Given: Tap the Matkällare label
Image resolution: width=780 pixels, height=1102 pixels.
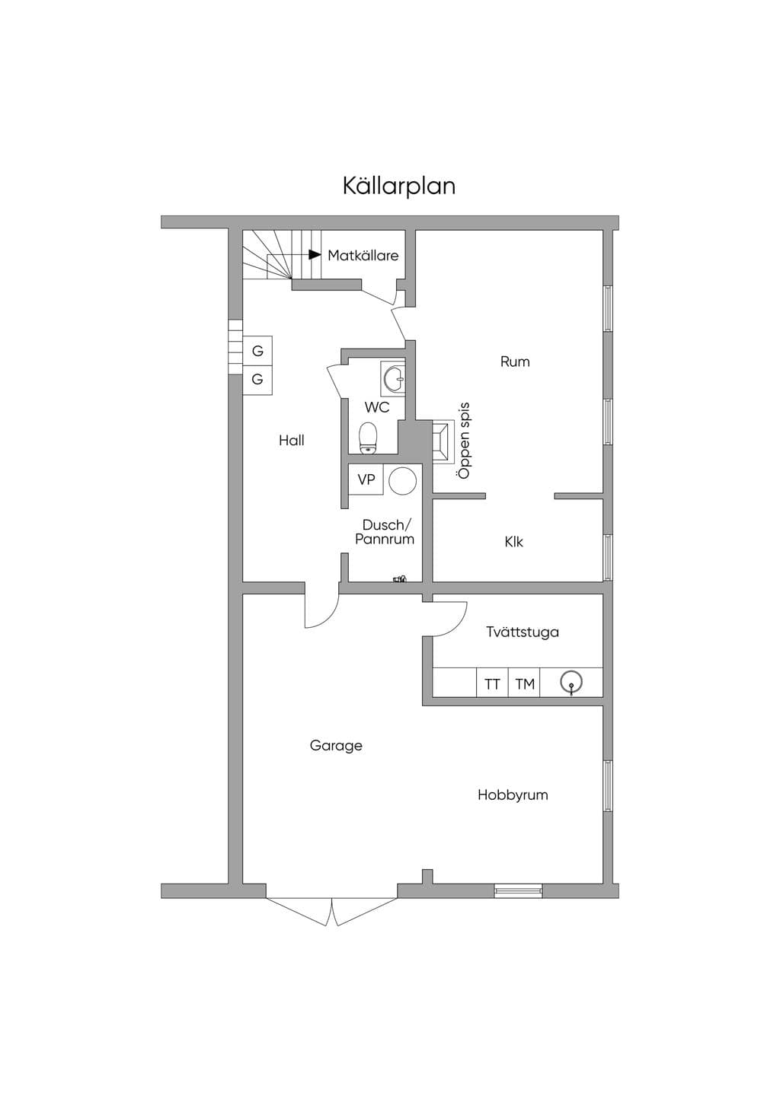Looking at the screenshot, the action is click(363, 256).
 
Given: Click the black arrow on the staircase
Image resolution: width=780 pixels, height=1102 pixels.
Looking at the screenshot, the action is click(315, 254).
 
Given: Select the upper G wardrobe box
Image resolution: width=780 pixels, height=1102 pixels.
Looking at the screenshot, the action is click(257, 352).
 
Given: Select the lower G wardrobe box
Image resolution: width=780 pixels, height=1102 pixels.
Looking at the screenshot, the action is click(257, 380).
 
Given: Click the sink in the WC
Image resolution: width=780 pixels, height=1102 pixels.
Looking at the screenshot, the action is click(394, 378).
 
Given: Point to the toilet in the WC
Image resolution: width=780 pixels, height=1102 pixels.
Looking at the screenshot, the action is click(368, 438).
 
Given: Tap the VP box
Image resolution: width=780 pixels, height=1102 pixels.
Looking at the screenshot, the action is click(366, 479).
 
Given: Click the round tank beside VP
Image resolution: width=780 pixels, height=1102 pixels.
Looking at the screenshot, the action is click(403, 480).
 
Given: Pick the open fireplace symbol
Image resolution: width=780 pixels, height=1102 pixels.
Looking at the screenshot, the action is click(443, 441).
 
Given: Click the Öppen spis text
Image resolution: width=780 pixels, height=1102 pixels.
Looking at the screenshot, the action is click(463, 441).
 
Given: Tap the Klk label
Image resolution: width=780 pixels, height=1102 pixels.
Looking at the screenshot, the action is click(513, 542).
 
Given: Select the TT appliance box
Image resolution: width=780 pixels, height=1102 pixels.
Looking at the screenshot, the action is click(492, 684).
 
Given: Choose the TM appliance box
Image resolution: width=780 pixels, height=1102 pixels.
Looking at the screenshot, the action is click(524, 684).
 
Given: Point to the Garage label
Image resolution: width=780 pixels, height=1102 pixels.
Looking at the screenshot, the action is click(336, 746).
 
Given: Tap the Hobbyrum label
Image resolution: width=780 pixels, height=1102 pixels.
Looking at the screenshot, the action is click(513, 795).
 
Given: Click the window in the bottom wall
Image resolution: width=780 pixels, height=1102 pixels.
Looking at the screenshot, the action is click(518, 890).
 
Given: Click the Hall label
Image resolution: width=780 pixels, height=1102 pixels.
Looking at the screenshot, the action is click(292, 441).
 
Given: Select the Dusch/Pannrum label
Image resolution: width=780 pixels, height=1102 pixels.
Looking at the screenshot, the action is click(385, 532).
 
